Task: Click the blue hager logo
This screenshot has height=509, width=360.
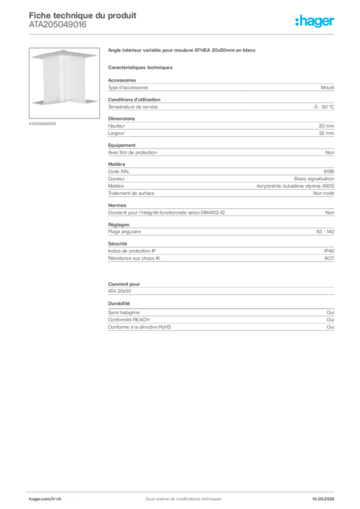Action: tap(315, 22)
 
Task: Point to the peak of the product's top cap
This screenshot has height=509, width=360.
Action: tap(63, 50)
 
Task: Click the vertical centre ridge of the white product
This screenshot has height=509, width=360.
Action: tap(62, 80)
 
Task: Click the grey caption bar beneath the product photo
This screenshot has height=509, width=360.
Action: tap(44, 123)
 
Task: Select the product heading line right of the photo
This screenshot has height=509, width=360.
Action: tap(182, 51)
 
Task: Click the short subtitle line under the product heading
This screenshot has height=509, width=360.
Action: tap(141, 66)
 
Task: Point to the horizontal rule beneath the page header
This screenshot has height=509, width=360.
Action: tap(183, 33)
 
